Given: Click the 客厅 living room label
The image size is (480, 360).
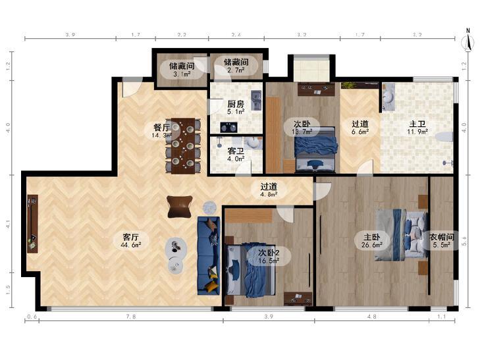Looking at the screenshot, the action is click(131, 237).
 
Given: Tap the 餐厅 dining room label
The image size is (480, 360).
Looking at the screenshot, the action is click(161, 127).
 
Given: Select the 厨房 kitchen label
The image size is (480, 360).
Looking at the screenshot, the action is click(236, 104).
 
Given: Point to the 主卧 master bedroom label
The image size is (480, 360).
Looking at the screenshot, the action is click(372, 237).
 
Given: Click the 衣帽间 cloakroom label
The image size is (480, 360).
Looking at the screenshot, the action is click(441, 237).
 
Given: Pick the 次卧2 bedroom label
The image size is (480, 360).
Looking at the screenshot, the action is click(269, 253).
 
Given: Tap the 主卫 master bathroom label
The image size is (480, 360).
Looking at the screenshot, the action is click(417, 124).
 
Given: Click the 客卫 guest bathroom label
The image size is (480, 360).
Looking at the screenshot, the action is click(236, 151).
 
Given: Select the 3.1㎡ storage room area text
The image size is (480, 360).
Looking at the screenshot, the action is click(182, 74).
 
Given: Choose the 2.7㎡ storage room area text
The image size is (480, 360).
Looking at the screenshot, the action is click(236, 70).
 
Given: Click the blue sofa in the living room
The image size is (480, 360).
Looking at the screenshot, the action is click(209, 255).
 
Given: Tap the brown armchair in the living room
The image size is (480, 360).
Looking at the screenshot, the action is click(180, 207).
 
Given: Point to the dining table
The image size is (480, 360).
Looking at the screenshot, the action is click(183, 146).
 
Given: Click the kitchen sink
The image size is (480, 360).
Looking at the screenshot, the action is click(256, 100).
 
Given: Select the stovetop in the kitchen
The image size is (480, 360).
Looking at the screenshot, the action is click(228, 127).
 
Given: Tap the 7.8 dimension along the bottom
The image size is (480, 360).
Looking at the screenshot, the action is click(131, 317).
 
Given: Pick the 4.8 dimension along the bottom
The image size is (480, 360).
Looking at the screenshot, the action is click(371, 317).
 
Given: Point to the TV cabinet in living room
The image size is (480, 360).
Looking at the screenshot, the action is click(32, 224).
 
